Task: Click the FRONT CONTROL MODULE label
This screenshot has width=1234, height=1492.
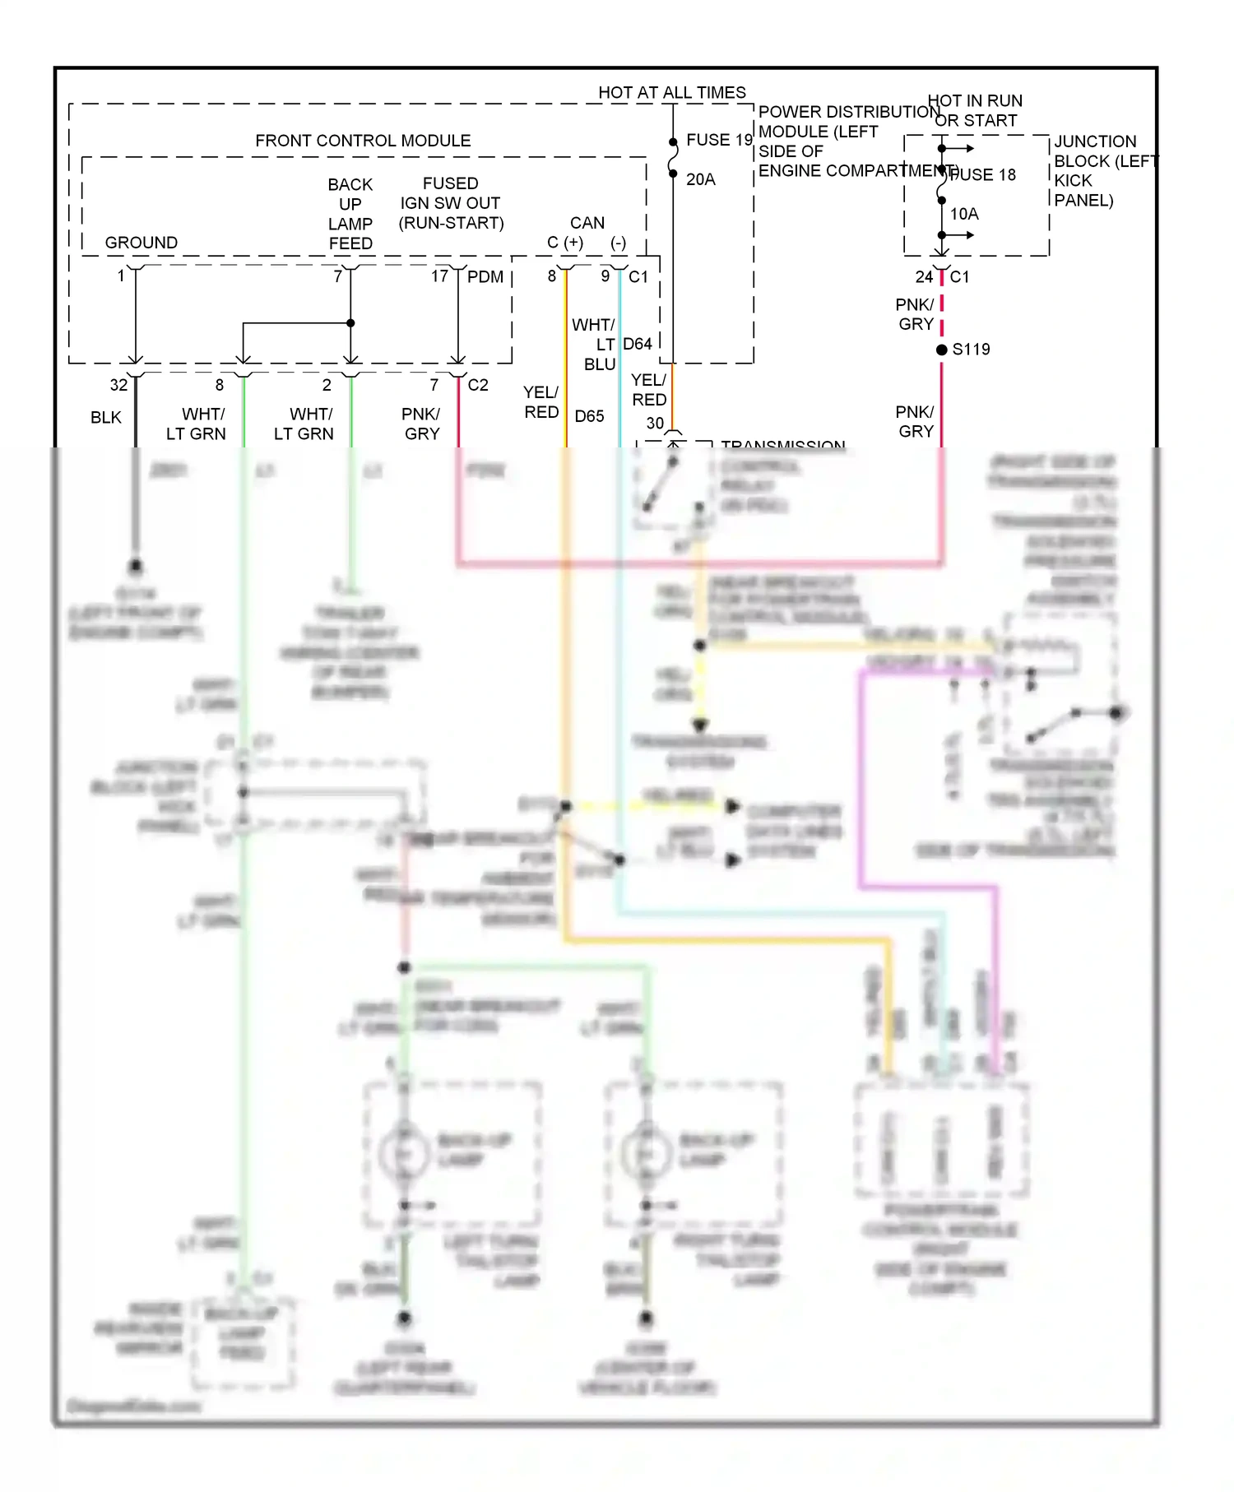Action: point(363,141)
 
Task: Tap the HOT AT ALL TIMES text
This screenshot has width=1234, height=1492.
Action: point(671,92)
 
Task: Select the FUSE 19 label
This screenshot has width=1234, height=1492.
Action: point(719,140)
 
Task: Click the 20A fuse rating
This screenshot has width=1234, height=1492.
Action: point(701,179)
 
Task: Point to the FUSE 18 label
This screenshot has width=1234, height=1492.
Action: point(984,175)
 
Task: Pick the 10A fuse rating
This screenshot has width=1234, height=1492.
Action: point(964,214)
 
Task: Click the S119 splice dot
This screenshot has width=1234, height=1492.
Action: point(942,350)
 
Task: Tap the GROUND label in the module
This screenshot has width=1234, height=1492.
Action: point(141,243)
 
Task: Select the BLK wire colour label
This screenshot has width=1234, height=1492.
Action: point(106,418)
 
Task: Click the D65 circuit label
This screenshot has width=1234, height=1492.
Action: point(589,416)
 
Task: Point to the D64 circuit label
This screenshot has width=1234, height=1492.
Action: point(638,344)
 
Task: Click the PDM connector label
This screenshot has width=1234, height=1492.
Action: point(485,277)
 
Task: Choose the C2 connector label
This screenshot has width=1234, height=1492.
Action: point(478,385)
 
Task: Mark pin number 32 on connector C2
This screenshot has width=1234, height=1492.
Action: point(119,385)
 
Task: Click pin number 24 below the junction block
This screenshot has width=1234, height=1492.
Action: point(924,277)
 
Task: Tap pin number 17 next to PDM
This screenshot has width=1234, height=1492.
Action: point(440,276)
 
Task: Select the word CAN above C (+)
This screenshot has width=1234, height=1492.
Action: point(587,223)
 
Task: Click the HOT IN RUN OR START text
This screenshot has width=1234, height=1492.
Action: point(976,110)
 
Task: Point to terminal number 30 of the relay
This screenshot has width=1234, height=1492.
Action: point(655,424)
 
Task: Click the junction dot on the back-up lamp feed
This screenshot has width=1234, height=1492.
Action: point(350,323)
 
